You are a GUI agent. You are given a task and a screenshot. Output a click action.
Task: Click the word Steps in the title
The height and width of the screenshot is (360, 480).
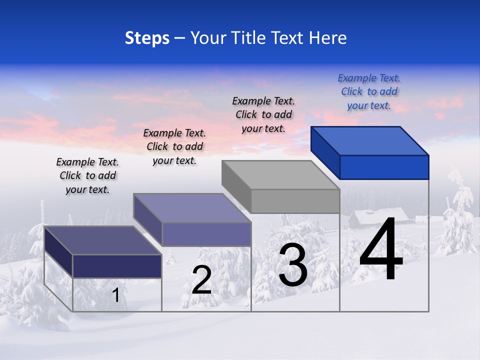pyautogui.click(x=147, y=38)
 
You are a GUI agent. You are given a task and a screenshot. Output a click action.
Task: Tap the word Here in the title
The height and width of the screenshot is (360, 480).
pyautogui.click(x=327, y=38)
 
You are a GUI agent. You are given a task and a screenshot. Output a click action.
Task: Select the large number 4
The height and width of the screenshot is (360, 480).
pyautogui.click(x=381, y=251)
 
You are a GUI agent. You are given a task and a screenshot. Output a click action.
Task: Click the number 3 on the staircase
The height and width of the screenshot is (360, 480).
pyautogui.click(x=293, y=265)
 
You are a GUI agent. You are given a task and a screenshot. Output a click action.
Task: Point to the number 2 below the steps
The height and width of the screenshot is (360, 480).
pyautogui.click(x=201, y=280)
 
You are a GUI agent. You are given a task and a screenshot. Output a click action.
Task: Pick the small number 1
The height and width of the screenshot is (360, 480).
pyautogui.click(x=116, y=295)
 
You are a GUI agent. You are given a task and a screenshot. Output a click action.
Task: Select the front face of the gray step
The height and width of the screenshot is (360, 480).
pyautogui.click(x=295, y=201)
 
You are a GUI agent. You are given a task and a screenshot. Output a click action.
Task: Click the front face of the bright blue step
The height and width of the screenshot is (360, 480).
pyautogui.click(x=384, y=167)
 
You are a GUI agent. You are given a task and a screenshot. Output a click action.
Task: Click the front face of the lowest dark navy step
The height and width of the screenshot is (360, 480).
pyautogui.click(x=117, y=266)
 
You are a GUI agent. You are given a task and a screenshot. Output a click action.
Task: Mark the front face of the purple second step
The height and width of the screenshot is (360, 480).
pyautogui.click(x=206, y=234)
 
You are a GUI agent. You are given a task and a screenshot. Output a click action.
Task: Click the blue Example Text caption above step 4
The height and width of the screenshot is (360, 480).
pyautogui.click(x=369, y=91)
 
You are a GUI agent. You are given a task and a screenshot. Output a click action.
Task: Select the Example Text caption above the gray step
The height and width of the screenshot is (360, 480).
pyautogui.click(x=263, y=114)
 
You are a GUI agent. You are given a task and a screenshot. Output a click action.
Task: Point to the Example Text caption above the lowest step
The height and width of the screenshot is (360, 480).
pyautogui.click(x=87, y=175)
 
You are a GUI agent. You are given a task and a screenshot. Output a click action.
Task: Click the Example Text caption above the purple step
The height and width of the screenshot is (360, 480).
pyautogui.click(x=174, y=146)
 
